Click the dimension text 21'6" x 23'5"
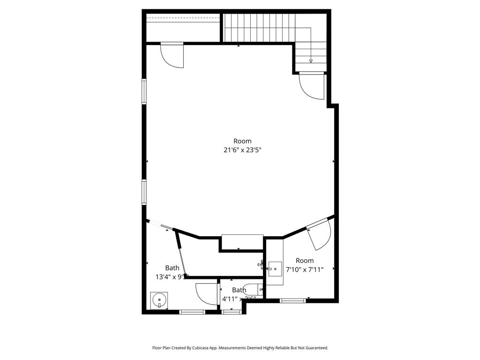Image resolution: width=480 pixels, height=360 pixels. point(242,150)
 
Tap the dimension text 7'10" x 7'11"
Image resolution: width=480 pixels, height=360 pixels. point(305,270)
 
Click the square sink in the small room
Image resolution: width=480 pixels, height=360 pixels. point(275,269)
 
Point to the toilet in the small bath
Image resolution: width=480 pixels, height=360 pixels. point(254,290)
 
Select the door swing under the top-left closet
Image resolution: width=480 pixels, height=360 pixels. point(172,56)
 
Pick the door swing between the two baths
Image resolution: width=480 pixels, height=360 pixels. point(206,294)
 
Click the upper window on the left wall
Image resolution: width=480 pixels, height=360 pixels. point(144,91)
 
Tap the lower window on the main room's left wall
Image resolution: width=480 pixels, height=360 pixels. point(144,193)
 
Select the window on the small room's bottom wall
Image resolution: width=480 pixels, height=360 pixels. point(293,300)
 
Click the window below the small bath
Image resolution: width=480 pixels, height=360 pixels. point(232,312)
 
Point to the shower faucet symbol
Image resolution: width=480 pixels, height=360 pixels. point(261,265)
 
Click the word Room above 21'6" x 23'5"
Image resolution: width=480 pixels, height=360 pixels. point(242,141)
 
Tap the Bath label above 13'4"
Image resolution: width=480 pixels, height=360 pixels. point(172,268)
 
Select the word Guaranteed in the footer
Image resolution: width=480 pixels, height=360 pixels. point(315,348)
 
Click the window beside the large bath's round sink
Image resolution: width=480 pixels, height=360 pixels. point(192,312)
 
